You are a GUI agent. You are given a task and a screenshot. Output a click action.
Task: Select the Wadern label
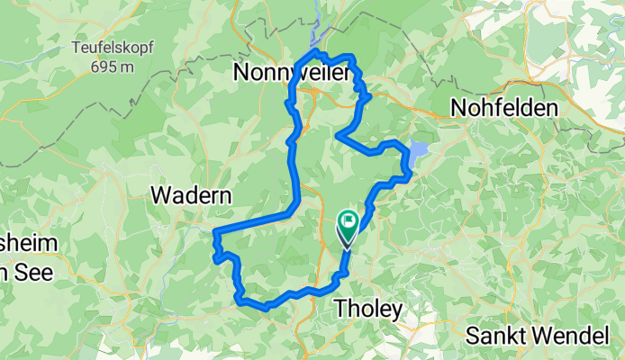[192, 195]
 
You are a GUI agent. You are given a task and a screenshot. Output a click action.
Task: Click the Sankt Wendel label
[537, 337]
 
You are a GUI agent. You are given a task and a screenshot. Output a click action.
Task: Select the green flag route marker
[349, 220]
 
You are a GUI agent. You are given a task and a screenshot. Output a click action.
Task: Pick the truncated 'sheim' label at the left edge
[27, 244]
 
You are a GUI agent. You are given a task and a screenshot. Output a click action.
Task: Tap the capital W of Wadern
[159, 195]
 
